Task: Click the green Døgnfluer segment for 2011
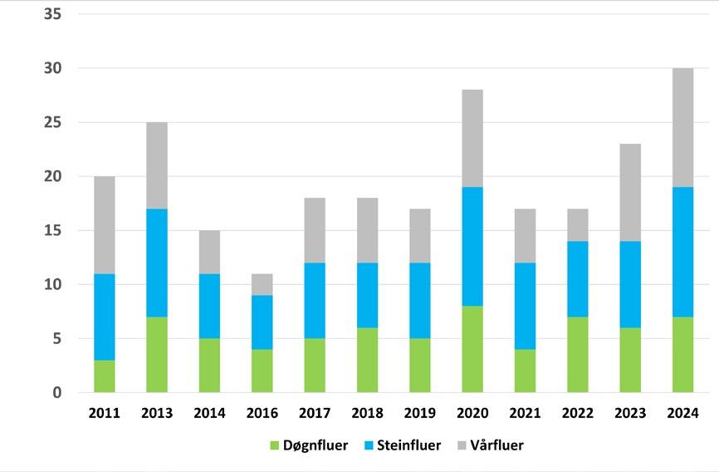pyautogui.click(x=105, y=376)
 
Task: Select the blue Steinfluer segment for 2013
pyautogui.click(x=157, y=263)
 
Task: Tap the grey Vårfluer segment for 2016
pyautogui.click(x=262, y=284)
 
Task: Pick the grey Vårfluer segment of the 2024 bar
pyautogui.click(x=682, y=127)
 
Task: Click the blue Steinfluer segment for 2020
pyautogui.click(x=472, y=246)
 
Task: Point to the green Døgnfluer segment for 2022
pyautogui.click(x=578, y=355)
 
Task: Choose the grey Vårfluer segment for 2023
pyautogui.click(x=630, y=193)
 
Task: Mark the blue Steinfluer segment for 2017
pyautogui.click(x=315, y=300)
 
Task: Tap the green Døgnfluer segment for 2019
pyautogui.click(x=420, y=366)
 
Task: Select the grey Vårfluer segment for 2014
pyautogui.click(x=209, y=252)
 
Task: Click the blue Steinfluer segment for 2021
pyautogui.click(x=525, y=306)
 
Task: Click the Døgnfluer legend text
pyautogui.click(x=315, y=445)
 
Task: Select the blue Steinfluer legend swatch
pyautogui.click(x=369, y=445)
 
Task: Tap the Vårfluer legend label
pyautogui.click(x=497, y=445)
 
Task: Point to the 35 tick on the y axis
pyautogui.click(x=53, y=14)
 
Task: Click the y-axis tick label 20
pyautogui.click(x=53, y=176)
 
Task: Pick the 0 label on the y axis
pyautogui.click(x=56, y=392)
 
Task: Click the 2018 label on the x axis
pyautogui.click(x=367, y=413)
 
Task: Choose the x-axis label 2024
pyautogui.click(x=682, y=413)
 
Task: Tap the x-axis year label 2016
pyautogui.click(x=262, y=413)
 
